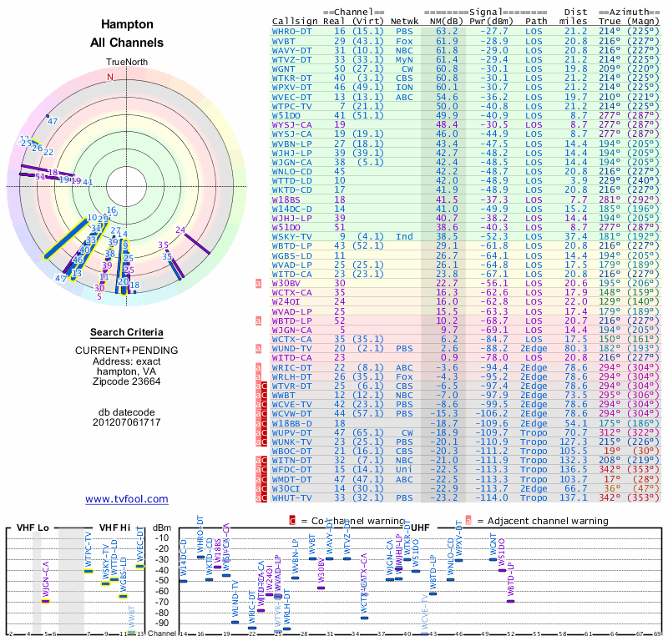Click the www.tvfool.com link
click(x=126, y=499)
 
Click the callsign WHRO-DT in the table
click(x=292, y=31)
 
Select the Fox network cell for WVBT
click(x=404, y=40)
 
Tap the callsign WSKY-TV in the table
click(x=292, y=236)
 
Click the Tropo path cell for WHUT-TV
click(x=536, y=497)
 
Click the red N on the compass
click(x=109, y=77)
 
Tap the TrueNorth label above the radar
click(x=126, y=63)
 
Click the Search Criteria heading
click(x=126, y=332)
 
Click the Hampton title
click(x=126, y=25)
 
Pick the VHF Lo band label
click(x=32, y=527)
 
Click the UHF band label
click(x=422, y=527)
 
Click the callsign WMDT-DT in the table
click(x=292, y=479)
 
